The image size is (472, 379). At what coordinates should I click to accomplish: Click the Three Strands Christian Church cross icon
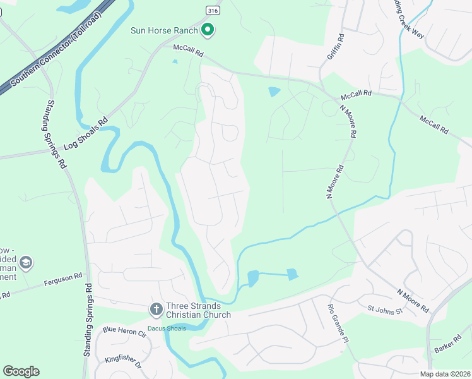coord(156,310)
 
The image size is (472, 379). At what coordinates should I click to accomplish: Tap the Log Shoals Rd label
coord(85,134)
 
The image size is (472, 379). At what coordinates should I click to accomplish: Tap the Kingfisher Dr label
coord(122,360)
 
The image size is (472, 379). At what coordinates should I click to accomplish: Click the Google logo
coord(21,371)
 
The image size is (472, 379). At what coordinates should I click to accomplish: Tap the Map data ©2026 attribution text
coord(446,374)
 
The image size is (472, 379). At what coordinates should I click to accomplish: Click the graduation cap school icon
coord(26,262)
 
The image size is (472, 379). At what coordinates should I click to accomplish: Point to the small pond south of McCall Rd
coord(274,92)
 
